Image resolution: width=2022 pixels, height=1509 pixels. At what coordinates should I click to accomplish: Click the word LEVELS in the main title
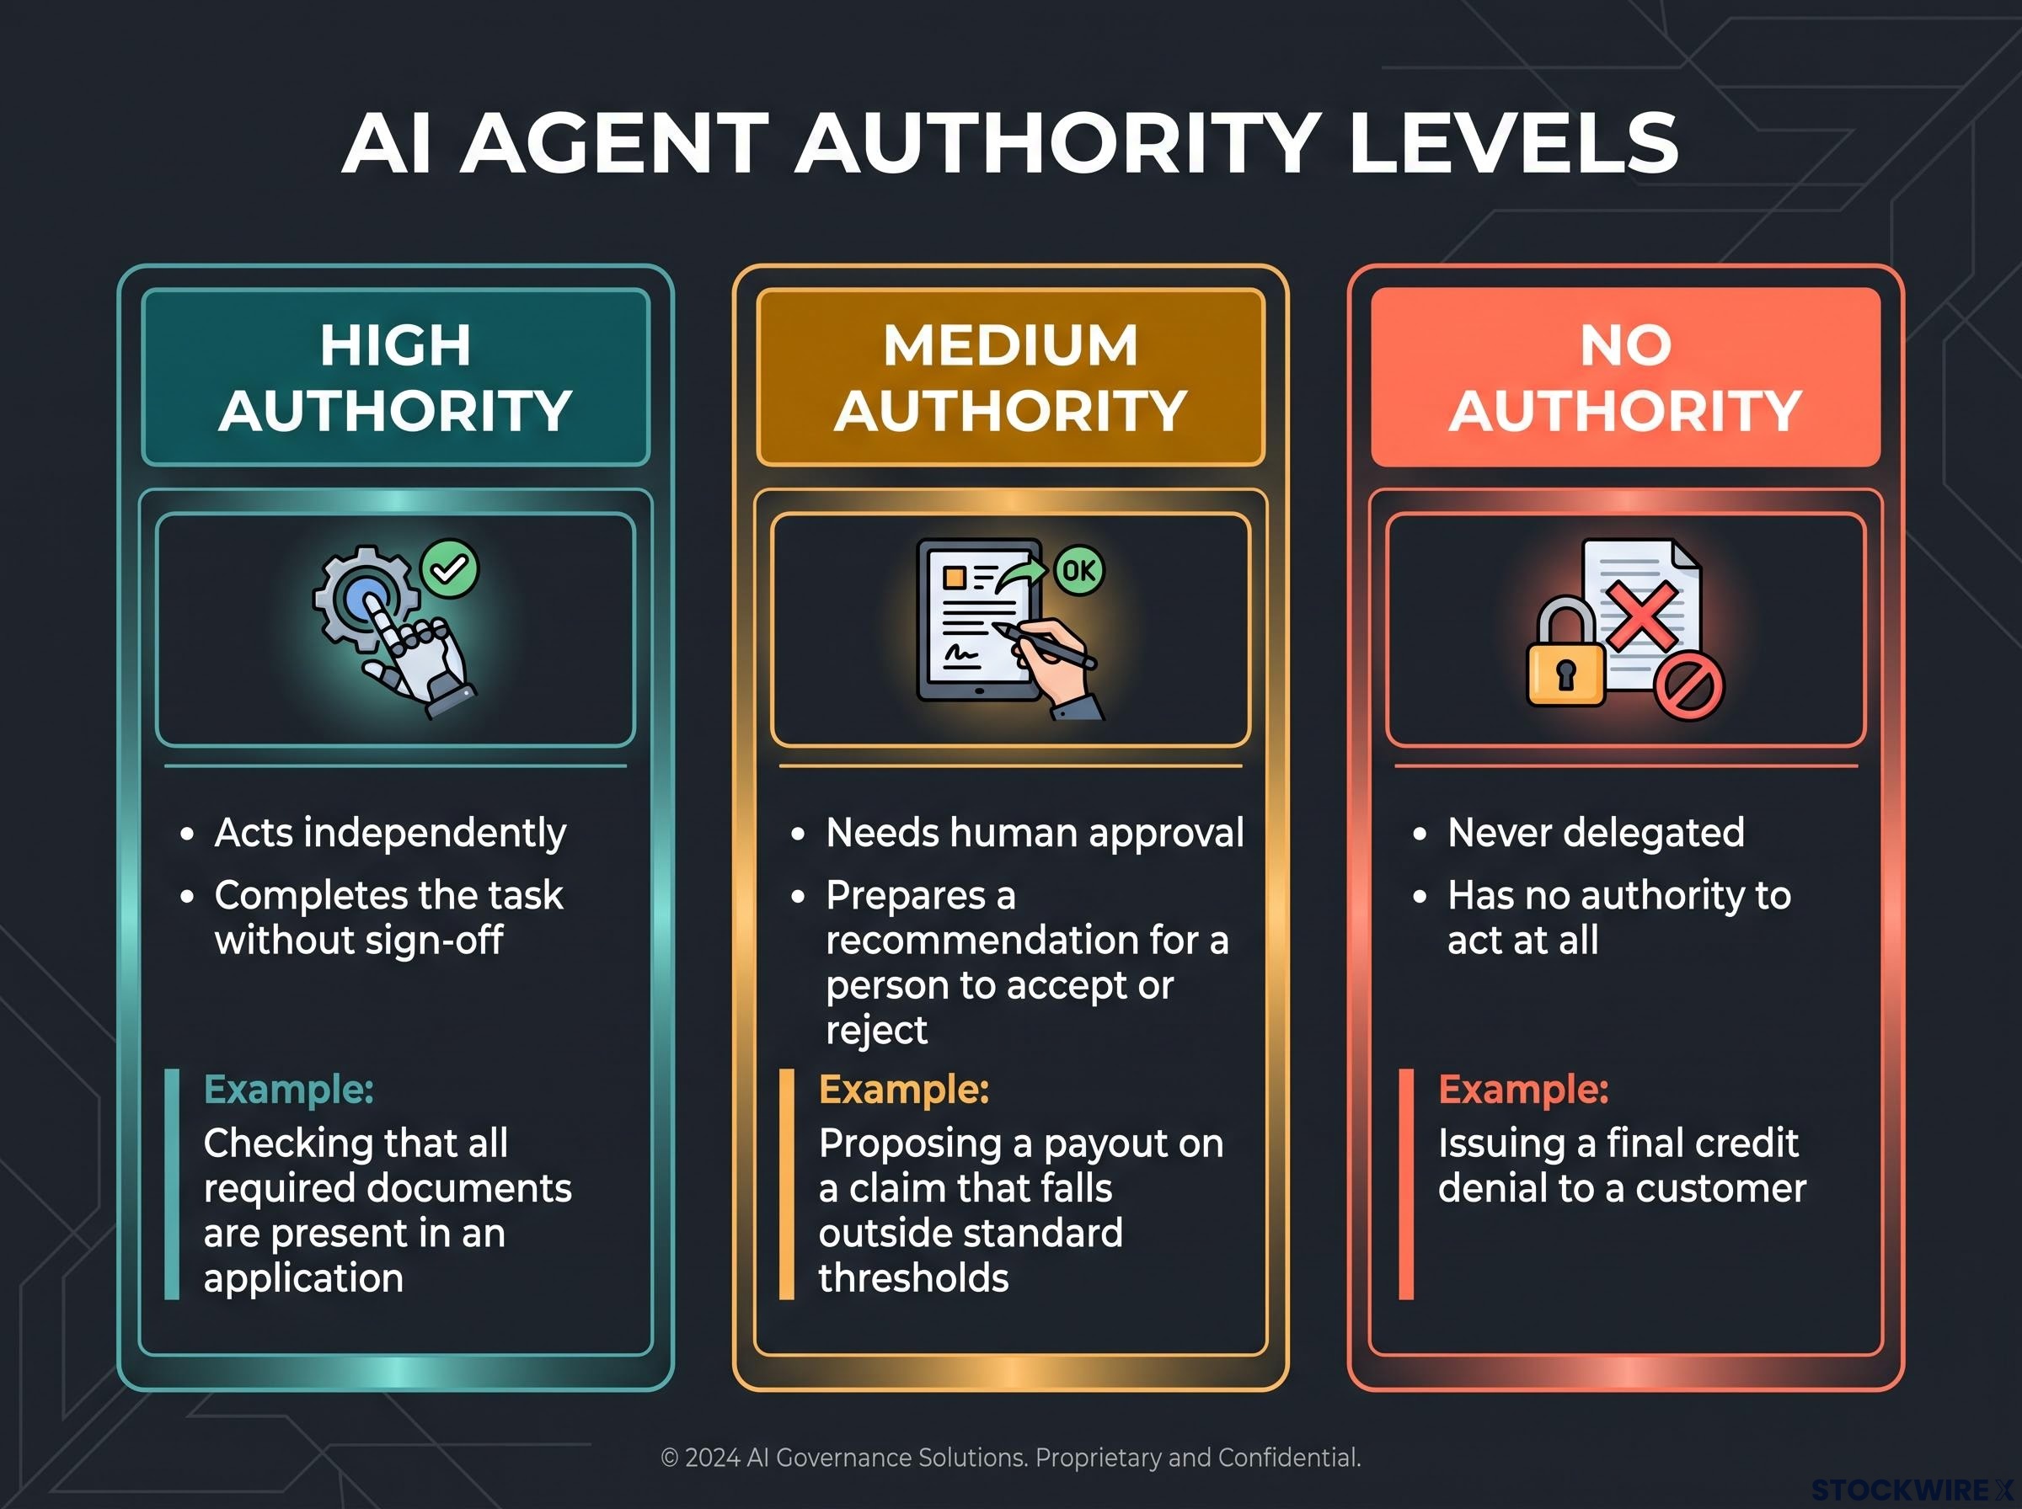pos(1513,142)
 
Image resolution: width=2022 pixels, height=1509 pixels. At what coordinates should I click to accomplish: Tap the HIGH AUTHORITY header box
pos(396,377)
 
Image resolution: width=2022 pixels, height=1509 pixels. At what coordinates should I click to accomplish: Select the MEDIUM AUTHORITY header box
pos(1010,377)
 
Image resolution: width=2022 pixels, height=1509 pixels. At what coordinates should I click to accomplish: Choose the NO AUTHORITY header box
pos(1625,377)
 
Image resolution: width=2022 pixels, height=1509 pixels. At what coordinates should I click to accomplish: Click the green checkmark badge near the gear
pos(450,569)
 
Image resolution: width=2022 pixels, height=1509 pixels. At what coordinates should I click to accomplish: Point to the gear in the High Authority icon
pos(365,599)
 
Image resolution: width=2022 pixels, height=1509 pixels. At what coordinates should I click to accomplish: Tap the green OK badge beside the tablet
pos(1079,571)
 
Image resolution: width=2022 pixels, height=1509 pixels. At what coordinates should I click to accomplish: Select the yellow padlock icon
pos(1565,653)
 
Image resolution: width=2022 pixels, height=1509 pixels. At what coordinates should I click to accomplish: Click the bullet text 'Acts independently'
pos(390,832)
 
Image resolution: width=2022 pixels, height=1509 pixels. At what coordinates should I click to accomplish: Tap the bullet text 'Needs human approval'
pos(1035,832)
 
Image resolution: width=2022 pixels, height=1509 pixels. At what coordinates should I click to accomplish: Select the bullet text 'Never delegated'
pos(1597,832)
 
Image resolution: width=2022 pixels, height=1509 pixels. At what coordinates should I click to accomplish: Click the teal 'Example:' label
pos(289,1089)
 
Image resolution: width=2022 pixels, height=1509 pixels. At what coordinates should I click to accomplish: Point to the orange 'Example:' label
pos(904,1089)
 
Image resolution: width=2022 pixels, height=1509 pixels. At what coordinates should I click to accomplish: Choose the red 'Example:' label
pos(1523,1089)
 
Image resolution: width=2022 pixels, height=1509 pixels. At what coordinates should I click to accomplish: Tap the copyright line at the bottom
pos(1010,1457)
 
